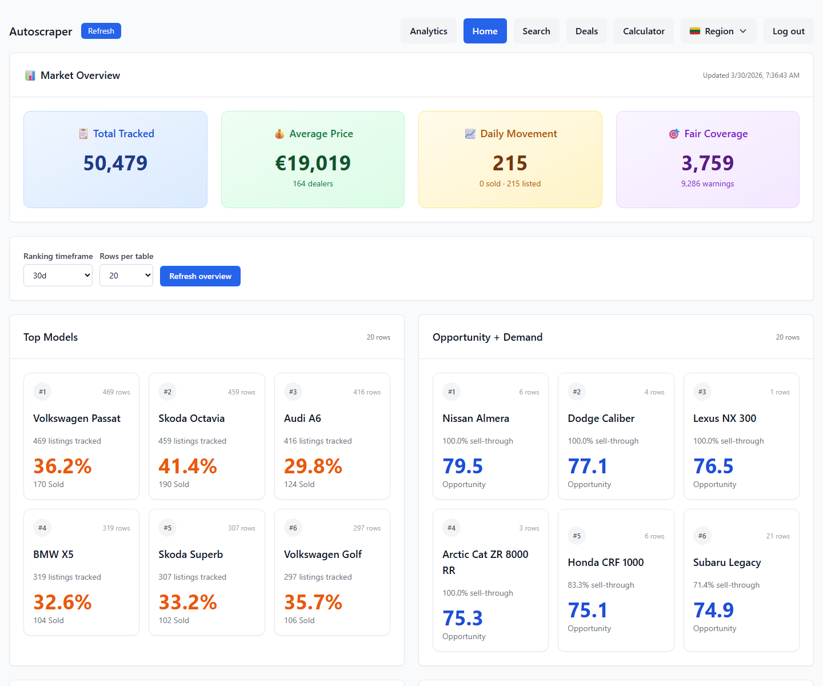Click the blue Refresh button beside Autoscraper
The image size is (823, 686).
(x=101, y=31)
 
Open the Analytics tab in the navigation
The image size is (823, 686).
(x=428, y=31)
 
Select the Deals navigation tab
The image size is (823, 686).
(x=586, y=31)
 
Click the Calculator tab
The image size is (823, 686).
(x=644, y=31)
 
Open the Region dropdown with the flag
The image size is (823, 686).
(x=718, y=31)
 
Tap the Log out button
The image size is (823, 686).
(x=788, y=31)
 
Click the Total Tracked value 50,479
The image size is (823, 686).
(x=115, y=163)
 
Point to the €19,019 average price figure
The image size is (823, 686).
(x=313, y=163)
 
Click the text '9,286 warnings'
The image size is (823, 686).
(x=707, y=184)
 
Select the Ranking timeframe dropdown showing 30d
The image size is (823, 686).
(x=58, y=276)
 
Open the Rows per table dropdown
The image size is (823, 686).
(x=126, y=276)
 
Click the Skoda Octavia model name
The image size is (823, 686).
(x=191, y=418)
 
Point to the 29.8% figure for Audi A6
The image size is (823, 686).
(x=313, y=466)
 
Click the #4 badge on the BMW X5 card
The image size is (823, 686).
(x=42, y=528)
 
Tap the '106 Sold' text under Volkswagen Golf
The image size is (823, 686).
(x=299, y=620)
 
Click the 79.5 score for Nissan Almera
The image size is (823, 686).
(x=462, y=466)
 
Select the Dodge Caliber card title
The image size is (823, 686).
(x=601, y=418)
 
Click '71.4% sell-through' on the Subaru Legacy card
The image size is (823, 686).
(x=726, y=585)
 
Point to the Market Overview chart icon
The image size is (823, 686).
(x=30, y=75)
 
